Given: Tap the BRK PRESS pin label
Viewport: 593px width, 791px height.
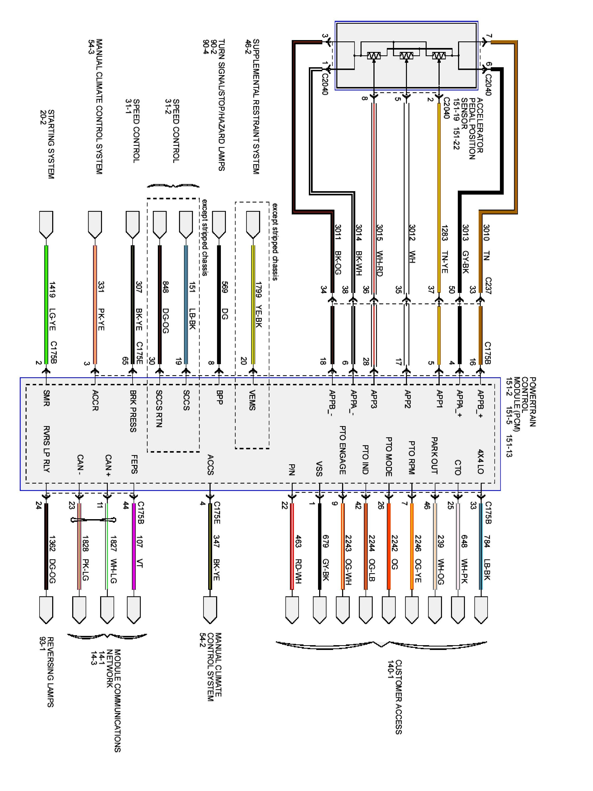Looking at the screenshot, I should pos(133,411).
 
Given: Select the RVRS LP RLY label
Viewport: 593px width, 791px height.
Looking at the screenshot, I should pos(46,449).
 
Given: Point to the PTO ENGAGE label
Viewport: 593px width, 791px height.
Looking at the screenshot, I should pos(342,450).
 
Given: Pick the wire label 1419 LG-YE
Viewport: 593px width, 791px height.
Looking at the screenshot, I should pos(52,306).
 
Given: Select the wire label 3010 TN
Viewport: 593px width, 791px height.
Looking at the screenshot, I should pos(486,242).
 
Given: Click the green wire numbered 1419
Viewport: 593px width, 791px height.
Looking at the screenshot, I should pos(46,304).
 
